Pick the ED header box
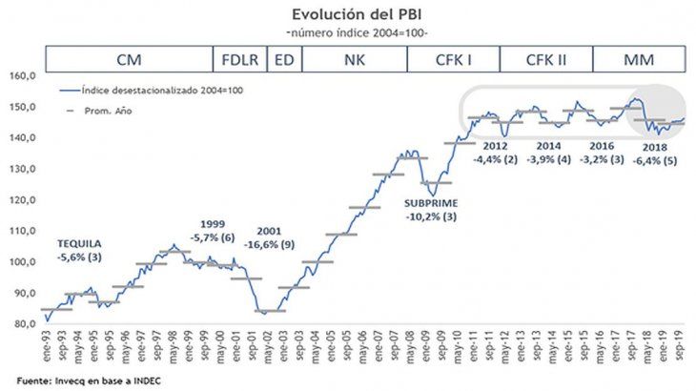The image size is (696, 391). (x=284, y=59)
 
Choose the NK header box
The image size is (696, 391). (x=353, y=59)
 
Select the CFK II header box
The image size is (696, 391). (x=546, y=59)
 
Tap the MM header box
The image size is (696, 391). (x=638, y=59)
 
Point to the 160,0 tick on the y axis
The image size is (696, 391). (x=23, y=75)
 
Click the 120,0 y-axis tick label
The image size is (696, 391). (x=23, y=199)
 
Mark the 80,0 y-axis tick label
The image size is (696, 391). (x=23, y=324)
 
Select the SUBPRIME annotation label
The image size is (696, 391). (x=431, y=203)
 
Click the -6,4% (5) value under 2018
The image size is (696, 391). (x=655, y=161)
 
